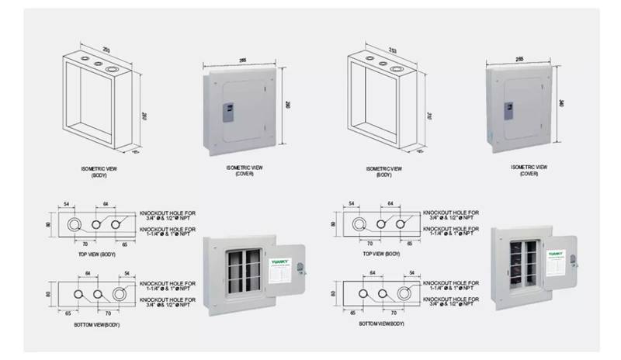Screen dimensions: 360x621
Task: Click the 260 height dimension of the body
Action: [x=144, y=116]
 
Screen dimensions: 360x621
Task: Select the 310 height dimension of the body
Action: [x=432, y=116]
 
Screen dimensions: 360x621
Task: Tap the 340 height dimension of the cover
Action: [x=561, y=104]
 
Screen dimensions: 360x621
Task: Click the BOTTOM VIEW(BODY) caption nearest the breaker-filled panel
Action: [x=381, y=323]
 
